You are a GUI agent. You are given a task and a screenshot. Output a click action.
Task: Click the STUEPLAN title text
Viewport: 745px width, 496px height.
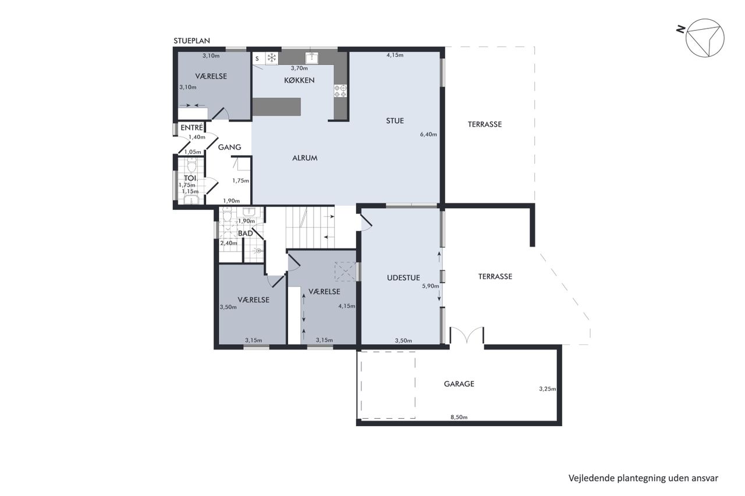coord(191,41)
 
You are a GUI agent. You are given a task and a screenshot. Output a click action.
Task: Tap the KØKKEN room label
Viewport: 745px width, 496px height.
coord(299,80)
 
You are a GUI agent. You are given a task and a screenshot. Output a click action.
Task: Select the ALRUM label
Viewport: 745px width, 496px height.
coord(304,158)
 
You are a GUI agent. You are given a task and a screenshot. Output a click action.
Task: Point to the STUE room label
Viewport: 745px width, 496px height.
coord(395,120)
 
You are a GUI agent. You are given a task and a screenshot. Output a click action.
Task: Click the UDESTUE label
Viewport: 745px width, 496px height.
coord(403,278)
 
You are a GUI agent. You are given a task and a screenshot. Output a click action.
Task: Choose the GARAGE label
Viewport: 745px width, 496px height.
coord(459,384)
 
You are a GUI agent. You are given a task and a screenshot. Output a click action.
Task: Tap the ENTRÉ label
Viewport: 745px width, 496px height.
coord(191,127)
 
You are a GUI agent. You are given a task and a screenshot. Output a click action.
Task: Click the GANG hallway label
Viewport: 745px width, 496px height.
coord(229,147)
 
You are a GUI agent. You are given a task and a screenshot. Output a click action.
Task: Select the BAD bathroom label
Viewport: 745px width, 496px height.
coord(246,234)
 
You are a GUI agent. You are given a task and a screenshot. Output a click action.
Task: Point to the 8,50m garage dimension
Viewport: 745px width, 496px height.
coord(459,418)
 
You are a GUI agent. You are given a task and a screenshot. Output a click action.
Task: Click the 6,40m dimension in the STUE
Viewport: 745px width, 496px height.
coord(428,134)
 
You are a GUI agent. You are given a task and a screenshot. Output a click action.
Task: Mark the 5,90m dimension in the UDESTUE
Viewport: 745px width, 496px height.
coord(430,286)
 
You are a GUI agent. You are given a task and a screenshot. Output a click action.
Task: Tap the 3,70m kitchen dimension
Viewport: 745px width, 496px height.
coord(299,69)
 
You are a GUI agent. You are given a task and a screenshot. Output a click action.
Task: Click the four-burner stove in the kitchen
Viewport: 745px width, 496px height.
coord(340,91)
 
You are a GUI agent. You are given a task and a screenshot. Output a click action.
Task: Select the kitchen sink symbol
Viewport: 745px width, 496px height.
coord(311,58)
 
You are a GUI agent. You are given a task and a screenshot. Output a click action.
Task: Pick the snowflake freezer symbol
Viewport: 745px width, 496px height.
coord(272,58)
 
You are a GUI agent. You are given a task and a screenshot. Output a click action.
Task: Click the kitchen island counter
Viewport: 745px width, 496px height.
coord(276,106)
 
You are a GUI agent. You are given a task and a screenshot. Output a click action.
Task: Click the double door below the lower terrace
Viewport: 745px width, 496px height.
coord(467,336)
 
